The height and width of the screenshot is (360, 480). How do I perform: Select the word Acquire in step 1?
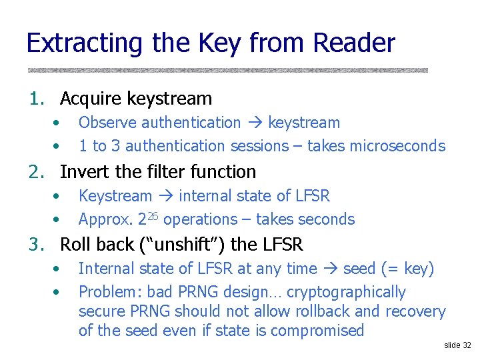pyautogui.click(x=91, y=99)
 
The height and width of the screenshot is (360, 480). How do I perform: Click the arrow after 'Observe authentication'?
pyautogui.click(x=255, y=123)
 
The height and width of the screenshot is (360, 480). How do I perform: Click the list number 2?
pyautogui.click(x=35, y=172)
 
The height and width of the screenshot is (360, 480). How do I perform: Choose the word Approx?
pyautogui.click(x=105, y=219)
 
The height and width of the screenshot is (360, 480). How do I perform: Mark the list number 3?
pyautogui.click(x=35, y=245)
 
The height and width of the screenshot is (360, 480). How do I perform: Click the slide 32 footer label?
pyautogui.click(x=457, y=345)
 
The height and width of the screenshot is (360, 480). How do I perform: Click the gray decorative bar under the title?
pyautogui.click(x=227, y=69)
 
